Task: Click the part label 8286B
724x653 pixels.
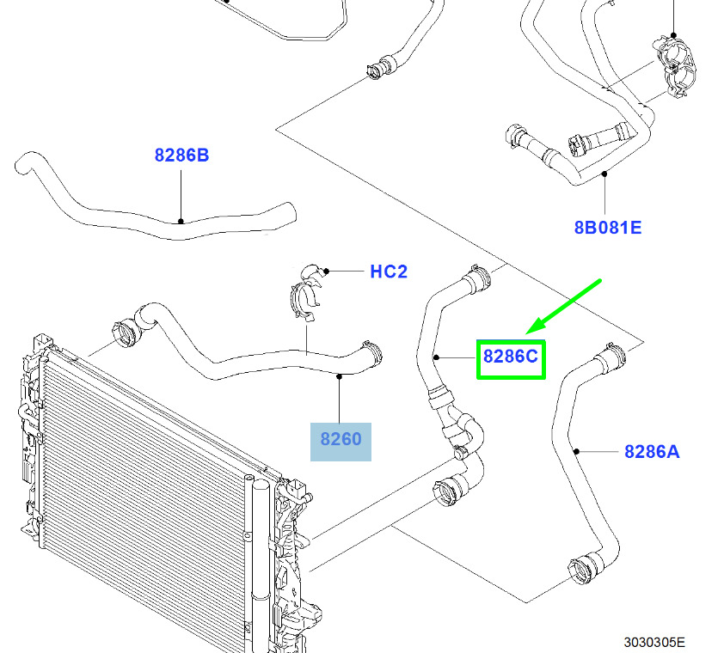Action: click(x=181, y=155)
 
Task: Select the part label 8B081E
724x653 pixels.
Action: click(x=608, y=228)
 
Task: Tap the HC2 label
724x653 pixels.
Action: click(x=389, y=272)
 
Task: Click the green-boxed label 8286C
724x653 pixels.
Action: click(x=511, y=357)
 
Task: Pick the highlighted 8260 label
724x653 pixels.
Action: click(x=341, y=439)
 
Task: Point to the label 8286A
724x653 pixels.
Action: click(x=652, y=451)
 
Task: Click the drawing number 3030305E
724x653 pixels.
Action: click(x=654, y=642)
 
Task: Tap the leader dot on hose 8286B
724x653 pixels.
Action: click(x=181, y=222)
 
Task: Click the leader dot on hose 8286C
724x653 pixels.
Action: click(x=436, y=357)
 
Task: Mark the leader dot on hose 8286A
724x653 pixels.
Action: click(x=576, y=451)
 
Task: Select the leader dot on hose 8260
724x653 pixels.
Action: click(x=340, y=376)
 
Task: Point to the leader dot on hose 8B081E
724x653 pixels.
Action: click(x=604, y=174)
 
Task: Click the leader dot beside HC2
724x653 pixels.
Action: click(x=327, y=271)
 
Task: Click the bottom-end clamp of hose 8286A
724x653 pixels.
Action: click(x=583, y=571)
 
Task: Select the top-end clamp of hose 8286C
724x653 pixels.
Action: click(x=479, y=278)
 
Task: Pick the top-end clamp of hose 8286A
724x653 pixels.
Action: click(x=614, y=356)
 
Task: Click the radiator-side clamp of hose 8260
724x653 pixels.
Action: click(x=126, y=333)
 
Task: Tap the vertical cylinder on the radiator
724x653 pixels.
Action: click(x=261, y=563)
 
